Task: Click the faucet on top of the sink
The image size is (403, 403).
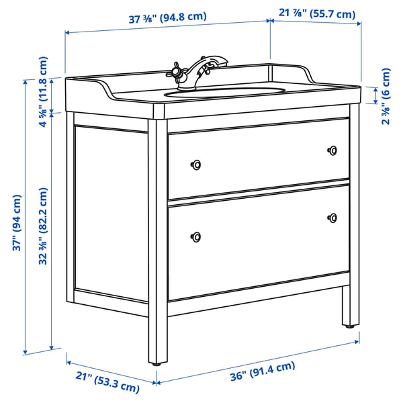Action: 202,71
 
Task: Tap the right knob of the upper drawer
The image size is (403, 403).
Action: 332,150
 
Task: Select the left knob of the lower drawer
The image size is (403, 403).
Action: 196,235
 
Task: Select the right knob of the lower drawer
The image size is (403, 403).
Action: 332,217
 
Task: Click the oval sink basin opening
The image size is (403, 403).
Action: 226,92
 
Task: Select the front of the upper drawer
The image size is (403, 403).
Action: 259,157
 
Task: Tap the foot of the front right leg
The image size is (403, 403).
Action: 350,326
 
